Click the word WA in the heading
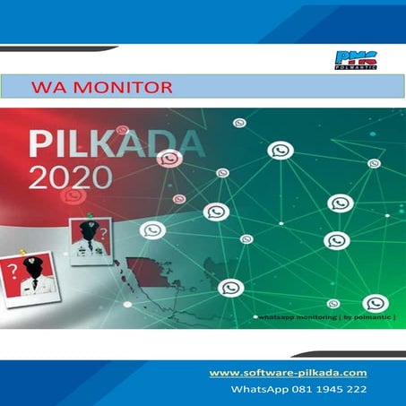(44, 88)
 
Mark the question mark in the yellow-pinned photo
(13, 268)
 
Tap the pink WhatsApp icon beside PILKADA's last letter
(168, 159)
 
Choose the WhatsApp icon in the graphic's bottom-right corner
(376, 303)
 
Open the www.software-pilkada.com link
(288, 372)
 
